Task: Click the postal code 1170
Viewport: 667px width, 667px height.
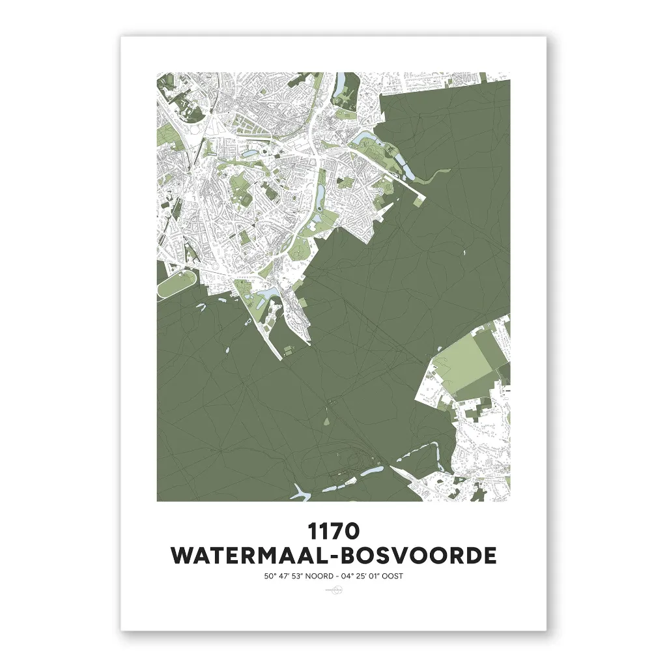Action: click(x=333, y=531)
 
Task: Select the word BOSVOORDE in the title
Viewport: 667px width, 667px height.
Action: click(x=420, y=556)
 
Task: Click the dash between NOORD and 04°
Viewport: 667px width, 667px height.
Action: click(x=335, y=576)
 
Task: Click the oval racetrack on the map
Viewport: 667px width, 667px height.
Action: click(x=176, y=285)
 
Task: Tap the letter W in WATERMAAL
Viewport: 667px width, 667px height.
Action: click(x=182, y=556)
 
